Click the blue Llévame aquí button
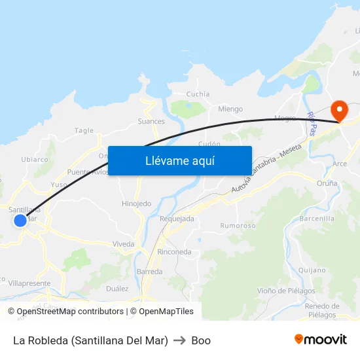click(179, 160)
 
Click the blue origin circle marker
click(20, 221)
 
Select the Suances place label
click(151, 121)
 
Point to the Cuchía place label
click(198, 94)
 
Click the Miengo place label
click(230, 109)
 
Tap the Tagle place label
click(84, 130)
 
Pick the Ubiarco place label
click(35, 159)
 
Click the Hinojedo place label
click(136, 204)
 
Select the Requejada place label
click(177, 219)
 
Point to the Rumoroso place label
click(238, 226)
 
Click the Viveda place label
click(123, 244)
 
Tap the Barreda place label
click(149, 271)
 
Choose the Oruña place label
click(327, 183)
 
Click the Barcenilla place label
click(317, 218)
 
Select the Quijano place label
click(312, 270)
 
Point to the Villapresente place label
click(29, 283)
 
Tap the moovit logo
click(320, 340)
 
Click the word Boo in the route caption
click(201, 340)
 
